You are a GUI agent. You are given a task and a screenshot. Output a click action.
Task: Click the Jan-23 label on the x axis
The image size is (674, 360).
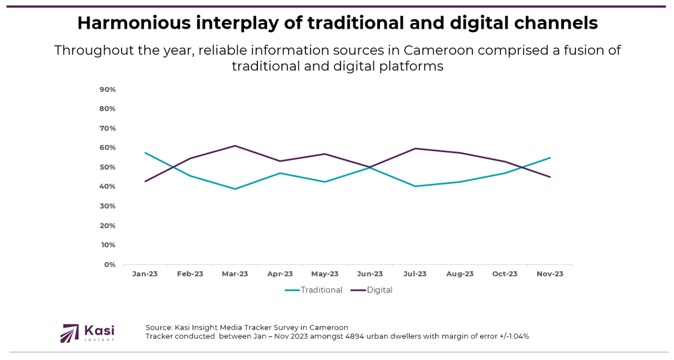click(145, 274)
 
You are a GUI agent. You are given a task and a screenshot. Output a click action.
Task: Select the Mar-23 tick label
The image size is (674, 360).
click(235, 274)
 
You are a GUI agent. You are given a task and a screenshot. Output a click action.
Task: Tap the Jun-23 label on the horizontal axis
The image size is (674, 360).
click(370, 274)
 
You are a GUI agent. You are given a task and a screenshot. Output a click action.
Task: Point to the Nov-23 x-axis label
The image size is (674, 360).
click(550, 274)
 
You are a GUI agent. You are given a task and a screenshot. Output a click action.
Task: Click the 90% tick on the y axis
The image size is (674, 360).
click(108, 89)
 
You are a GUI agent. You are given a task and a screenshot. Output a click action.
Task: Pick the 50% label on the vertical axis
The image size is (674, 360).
click(108, 167)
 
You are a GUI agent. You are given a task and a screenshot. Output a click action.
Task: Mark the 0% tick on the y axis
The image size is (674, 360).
click(110, 264)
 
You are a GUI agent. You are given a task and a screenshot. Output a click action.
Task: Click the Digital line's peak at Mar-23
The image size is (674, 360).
click(235, 146)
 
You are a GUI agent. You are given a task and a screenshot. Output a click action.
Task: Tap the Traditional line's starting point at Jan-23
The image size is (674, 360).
click(145, 152)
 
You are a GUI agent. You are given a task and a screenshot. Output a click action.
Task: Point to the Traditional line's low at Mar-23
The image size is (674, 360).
click(235, 189)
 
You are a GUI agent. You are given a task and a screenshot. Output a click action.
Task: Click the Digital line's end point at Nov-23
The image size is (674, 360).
click(550, 177)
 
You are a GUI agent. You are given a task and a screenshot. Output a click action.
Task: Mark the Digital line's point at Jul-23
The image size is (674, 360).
click(415, 148)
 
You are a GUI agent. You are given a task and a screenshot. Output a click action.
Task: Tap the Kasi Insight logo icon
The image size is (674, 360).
click(70, 333)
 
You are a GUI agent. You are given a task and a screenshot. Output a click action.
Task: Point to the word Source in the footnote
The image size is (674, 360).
click(159, 327)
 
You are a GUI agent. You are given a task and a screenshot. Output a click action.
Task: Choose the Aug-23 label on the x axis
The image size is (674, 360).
click(460, 274)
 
